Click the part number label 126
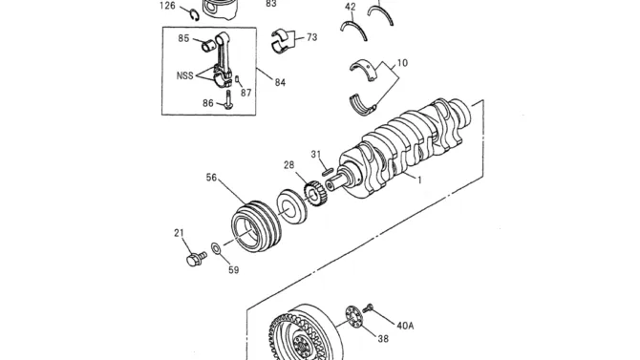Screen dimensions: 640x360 [x=167, y=6]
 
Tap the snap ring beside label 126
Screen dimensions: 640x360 [x=195, y=14]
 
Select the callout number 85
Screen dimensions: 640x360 [x=183, y=38]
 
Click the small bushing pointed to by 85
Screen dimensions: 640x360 [x=208, y=46]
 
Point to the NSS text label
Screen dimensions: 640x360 [x=185, y=75]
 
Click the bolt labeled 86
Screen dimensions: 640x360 [x=228, y=99]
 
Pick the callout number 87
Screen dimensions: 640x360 [x=245, y=93]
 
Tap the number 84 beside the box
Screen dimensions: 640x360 [x=280, y=82]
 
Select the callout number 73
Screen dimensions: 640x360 [x=311, y=37]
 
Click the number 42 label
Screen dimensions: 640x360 [x=351, y=7]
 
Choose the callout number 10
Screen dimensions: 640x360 [x=402, y=63]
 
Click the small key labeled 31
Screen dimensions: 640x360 [x=328, y=172]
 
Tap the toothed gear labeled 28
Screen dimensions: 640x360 [x=315, y=194]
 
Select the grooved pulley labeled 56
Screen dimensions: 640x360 [x=256, y=226]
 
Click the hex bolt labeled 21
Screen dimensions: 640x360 [x=196, y=259]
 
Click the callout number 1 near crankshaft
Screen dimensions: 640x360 [x=419, y=180]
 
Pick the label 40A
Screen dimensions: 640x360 [x=405, y=326]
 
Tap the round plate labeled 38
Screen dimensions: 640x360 [x=353, y=316]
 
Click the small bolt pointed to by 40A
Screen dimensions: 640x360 [x=368, y=307]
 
